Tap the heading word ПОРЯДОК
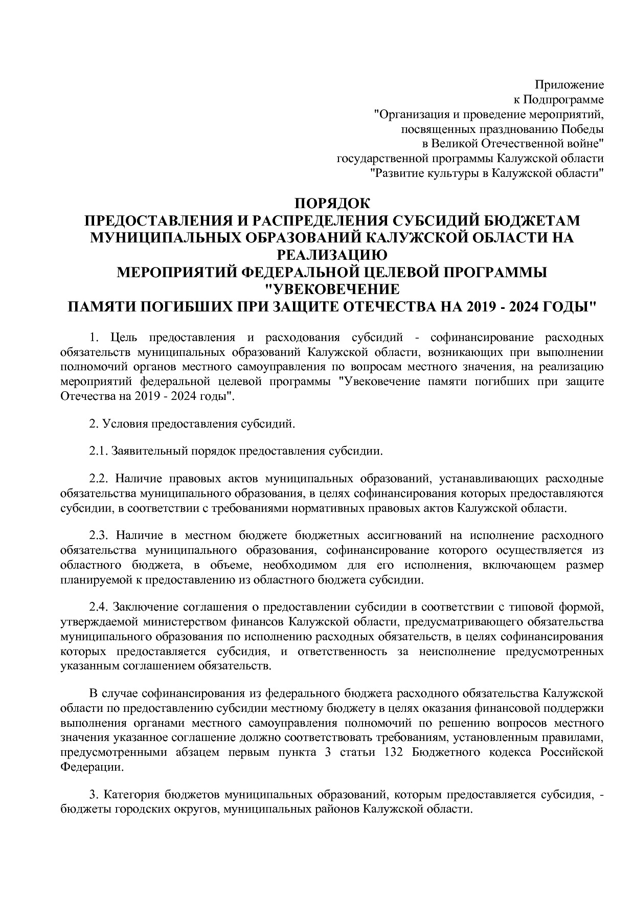(332, 203)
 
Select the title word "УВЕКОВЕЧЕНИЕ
(333, 289)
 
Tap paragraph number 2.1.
(98, 451)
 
